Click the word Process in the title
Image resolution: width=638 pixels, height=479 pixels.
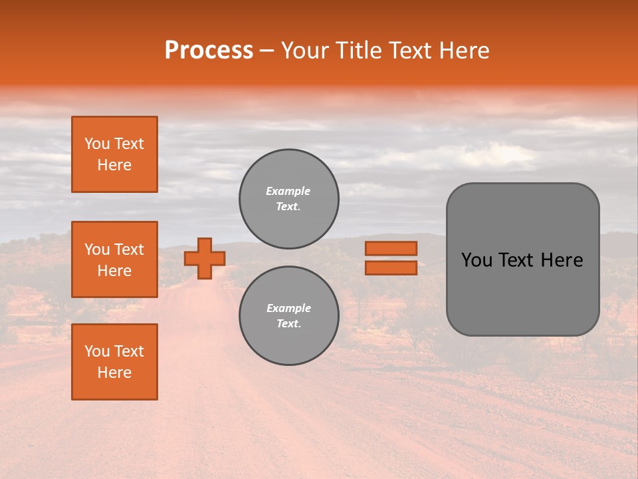click(209, 51)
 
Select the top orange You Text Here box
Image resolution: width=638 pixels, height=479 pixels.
click(114, 154)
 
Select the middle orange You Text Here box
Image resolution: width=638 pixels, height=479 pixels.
click(114, 259)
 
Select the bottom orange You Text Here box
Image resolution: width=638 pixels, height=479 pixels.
click(114, 361)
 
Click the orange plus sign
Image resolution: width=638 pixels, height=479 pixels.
click(205, 258)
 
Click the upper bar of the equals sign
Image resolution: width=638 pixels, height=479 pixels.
click(391, 248)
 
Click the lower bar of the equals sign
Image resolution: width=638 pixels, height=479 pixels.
click(391, 268)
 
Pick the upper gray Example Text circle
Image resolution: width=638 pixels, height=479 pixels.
click(288, 198)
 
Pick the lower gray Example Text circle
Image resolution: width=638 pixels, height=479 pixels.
click(288, 315)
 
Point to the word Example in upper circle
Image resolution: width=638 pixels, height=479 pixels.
click(288, 191)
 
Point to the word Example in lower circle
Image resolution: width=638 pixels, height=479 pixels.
click(288, 308)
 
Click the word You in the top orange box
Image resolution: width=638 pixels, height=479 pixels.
click(96, 144)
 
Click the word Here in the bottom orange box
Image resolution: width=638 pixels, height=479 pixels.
click(114, 373)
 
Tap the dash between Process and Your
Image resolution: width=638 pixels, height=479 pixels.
click(267, 51)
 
